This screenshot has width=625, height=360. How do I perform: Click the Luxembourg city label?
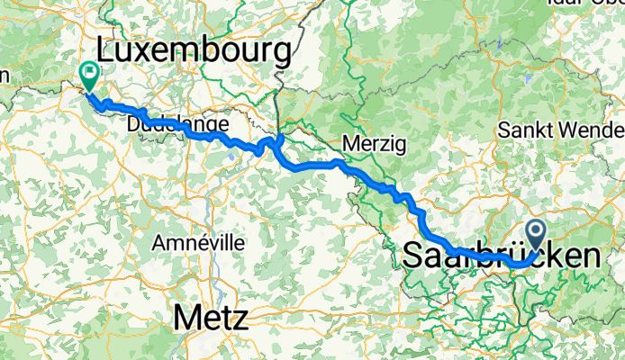[197, 47]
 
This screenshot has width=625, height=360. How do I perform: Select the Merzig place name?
[375, 143]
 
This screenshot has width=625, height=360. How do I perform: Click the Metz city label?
[213, 318]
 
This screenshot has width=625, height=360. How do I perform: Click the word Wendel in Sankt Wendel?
[589, 130]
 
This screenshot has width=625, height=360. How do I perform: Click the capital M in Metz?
[186, 318]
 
